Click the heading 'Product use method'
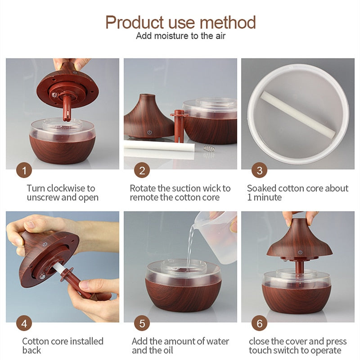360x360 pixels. click(x=180, y=22)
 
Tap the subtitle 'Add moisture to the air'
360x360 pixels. click(x=181, y=36)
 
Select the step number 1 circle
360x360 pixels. click(x=24, y=171)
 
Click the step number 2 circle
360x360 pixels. click(x=142, y=171)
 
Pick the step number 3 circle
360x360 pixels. click(x=260, y=171)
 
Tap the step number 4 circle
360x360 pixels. click(x=24, y=323)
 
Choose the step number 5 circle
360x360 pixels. click(x=142, y=323)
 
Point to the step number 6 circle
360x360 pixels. click(x=260, y=323)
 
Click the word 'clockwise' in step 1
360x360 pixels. click(x=66, y=188)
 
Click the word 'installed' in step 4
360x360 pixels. click(x=86, y=341)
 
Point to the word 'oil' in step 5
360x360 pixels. click(x=168, y=351)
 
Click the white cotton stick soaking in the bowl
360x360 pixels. click(x=297, y=114)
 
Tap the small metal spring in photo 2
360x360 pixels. click(x=209, y=149)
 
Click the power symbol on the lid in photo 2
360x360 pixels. click(x=149, y=132)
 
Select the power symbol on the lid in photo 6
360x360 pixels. click(x=300, y=252)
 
